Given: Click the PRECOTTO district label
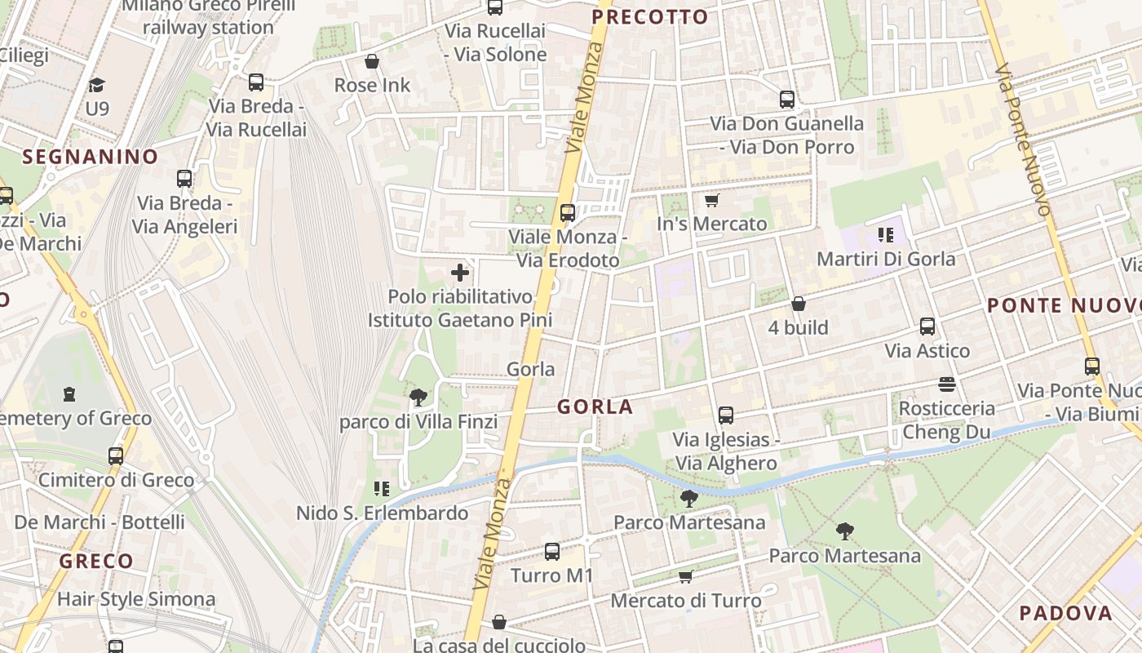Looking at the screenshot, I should click(x=649, y=17).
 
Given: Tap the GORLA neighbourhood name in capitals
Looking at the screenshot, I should click(x=595, y=406).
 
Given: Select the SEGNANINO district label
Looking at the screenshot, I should click(x=90, y=157).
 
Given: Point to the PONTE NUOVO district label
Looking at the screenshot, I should click(x=1064, y=306).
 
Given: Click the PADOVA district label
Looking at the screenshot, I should click(x=1065, y=613).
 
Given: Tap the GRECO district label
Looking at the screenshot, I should click(x=96, y=561).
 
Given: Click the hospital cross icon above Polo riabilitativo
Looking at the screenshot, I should click(x=460, y=273).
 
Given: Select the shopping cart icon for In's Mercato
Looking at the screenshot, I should click(x=711, y=200).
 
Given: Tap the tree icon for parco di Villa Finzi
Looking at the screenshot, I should click(x=418, y=398).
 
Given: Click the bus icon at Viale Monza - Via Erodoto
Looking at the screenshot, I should click(x=568, y=213).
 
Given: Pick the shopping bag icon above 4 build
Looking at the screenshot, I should click(x=799, y=304).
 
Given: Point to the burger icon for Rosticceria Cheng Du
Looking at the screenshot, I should click(x=947, y=384).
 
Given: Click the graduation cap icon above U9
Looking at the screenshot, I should click(x=97, y=85).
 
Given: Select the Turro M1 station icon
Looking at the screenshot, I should click(x=552, y=552).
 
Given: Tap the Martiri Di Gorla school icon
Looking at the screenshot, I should click(x=886, y=236).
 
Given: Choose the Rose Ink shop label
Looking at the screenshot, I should click(x=373, y=85).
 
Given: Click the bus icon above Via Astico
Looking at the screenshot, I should click(x=927, y=326).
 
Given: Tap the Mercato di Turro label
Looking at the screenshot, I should click(x=686, y=601).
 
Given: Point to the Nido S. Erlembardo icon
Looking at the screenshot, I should click(x=381, y=489).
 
